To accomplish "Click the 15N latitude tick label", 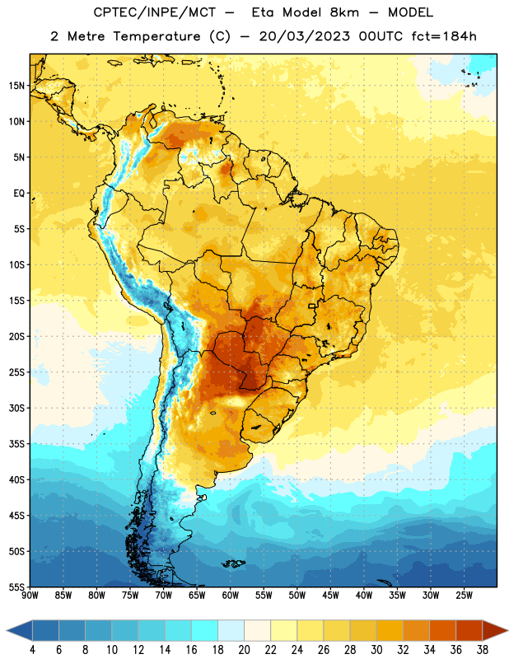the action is [16, 86].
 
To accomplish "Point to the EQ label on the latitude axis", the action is [19, 194].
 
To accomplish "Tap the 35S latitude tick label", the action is [16, 444].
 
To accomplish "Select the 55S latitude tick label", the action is [16, 587].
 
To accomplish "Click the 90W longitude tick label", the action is [30, 596].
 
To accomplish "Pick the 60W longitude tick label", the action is [231, 596].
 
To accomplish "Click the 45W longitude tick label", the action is [330, 596].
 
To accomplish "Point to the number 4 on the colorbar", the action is [32, 650].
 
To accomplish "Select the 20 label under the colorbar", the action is [244, 650].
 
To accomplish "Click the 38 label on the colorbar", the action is [483, 650].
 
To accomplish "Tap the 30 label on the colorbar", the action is [376, 650].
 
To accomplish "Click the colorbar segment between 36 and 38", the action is [469, 631].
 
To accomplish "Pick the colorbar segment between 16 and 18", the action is [205, 631].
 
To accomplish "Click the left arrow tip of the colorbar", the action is [7, 631].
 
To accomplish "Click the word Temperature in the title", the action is [156, 36].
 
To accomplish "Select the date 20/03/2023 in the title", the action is [304, 36].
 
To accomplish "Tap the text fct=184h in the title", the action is [444, 36].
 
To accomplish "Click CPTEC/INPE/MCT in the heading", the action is [154, 12].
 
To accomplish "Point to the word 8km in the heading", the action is [344, 12].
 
